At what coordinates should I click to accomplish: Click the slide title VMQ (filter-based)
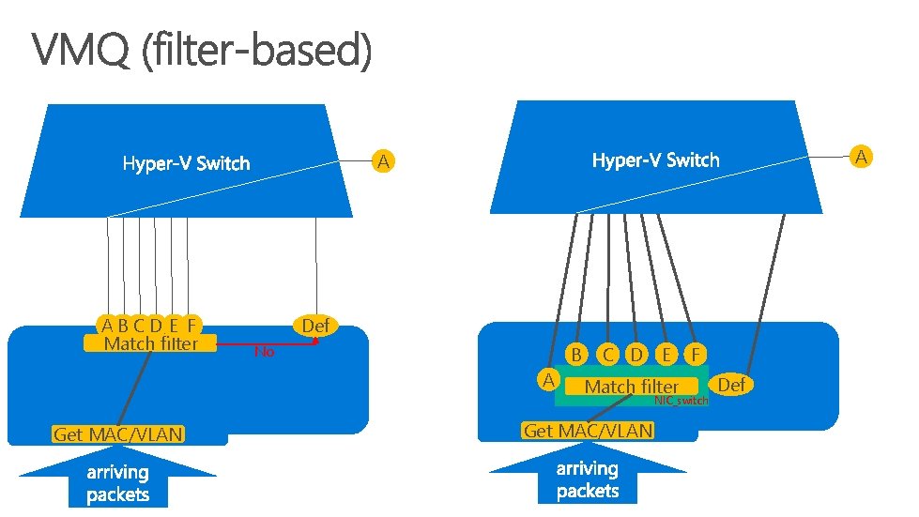pyautogui.click(x=202, y=51)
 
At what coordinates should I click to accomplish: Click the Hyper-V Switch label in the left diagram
pyautogui.click(x=187, y=163)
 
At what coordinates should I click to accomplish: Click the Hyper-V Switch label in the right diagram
pyautogui.click(x=656, y=160)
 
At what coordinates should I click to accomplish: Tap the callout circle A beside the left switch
pyautogui.click(x=383, y=161)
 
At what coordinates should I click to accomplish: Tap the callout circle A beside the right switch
pyautogui.click(x=861, y=157)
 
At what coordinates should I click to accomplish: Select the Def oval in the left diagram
pyautogui.click(x=316, y=326)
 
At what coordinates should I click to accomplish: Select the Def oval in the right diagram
pyautogui.click(x=731, y=385)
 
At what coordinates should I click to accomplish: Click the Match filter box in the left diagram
pyautogui.click(x=150, y=343)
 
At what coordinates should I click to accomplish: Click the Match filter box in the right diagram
pyautogui.click(x=632, y=387)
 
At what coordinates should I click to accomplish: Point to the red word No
pyautogui.click(x=265, y=352)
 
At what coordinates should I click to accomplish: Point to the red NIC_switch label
pyautogui.click(x=682, y=401)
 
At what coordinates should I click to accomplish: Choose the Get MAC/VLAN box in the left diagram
pyautogui.click(x=118, y=434)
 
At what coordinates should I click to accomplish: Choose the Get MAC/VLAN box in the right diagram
pyautogui.click(x=588, y=431)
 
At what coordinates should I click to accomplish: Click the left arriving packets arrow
pyautogui.click(x=117, y=477)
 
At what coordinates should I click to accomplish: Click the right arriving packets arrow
pyautogui.click(x=588, y=473)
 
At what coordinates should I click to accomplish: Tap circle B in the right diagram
pyautogui.click(x=576, y=355)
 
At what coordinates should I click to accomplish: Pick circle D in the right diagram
pyautogui.click(x=636, y=355)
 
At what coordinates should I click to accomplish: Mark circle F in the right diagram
pyautogui.click(x=696, y=355)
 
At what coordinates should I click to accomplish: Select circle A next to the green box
pyautogui.click(x=548, y=380)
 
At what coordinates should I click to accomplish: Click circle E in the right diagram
pyautogui.click(x=666, y=355)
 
